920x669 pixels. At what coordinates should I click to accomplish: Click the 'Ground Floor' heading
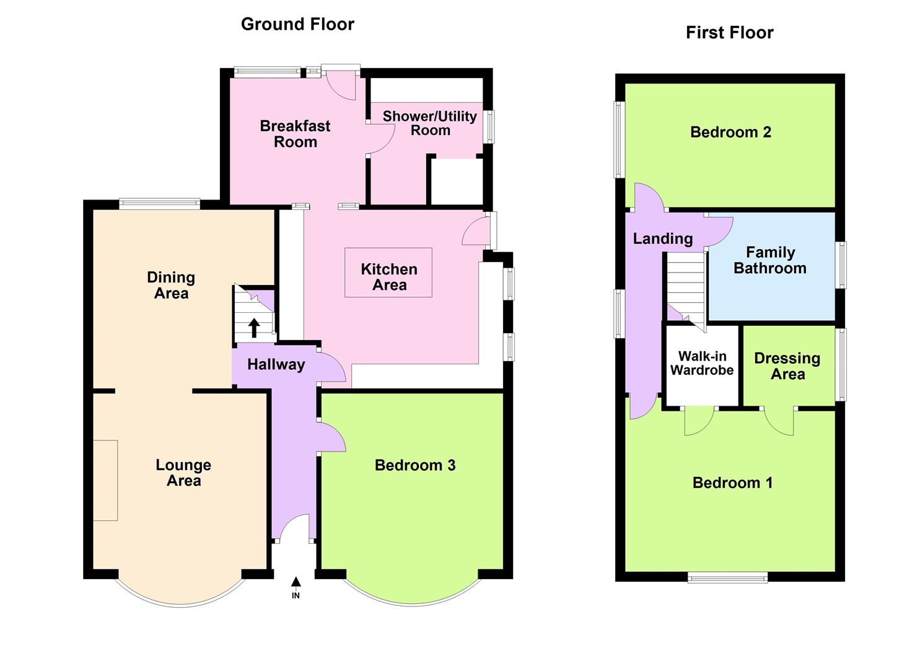(x=297, y=24)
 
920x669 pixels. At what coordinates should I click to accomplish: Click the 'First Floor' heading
(x=729, y=33)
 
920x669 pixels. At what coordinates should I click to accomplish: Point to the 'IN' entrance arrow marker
(x=296, y=587)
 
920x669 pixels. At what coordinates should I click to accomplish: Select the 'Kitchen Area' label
(x=389, y=277)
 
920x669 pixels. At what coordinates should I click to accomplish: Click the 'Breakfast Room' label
(x=295, y=134)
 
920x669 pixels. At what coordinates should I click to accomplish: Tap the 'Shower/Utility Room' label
(x=429, y=123)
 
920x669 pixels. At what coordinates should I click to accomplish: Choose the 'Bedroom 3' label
(x=415, y=465)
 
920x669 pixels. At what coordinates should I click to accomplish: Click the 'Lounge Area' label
(x=183, y=473)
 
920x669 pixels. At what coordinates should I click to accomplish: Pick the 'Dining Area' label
(x=171, y=285)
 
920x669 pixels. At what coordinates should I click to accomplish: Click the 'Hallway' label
(x=276, y=364)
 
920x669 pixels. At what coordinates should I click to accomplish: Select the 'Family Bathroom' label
(x=770, y=260)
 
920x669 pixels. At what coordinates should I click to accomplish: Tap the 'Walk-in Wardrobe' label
(x=702, y=363)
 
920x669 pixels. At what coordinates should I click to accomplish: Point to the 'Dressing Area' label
(x=787, y=366)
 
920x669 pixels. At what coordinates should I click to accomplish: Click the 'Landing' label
(x=662, y=238)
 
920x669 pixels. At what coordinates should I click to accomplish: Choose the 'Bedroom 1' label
(x=732, y=483)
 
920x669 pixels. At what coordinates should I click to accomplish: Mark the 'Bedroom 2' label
(x=730, y=132)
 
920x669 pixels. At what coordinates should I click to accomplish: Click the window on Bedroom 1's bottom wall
(x=727, y=577)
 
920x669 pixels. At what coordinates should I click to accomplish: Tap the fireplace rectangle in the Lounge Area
(x=105, y=480)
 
